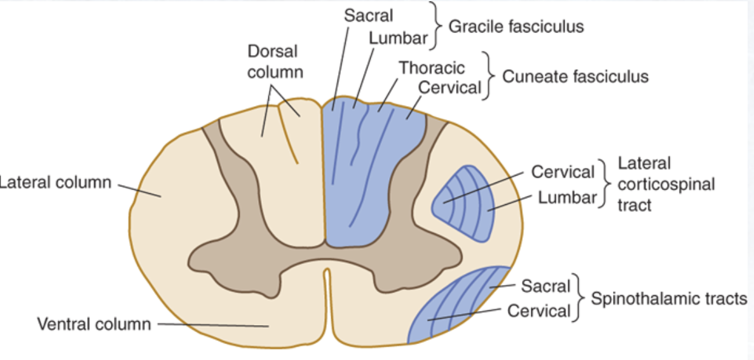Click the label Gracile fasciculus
(516, 27)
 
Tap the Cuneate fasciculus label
(575, 77)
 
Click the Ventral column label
(94, 324)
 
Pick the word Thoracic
(432, 67)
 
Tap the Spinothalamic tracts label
(669, 298)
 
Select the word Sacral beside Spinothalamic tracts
(545, 286)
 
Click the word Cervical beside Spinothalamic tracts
(539, 311)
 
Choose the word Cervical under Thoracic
(449, 87)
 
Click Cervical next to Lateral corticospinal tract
(563, 172)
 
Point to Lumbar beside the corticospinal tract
(568, 197)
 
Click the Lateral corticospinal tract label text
(666, 184)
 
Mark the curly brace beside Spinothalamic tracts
(580, 298)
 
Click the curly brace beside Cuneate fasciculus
(490, 76)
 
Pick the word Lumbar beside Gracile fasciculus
(398, 38)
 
